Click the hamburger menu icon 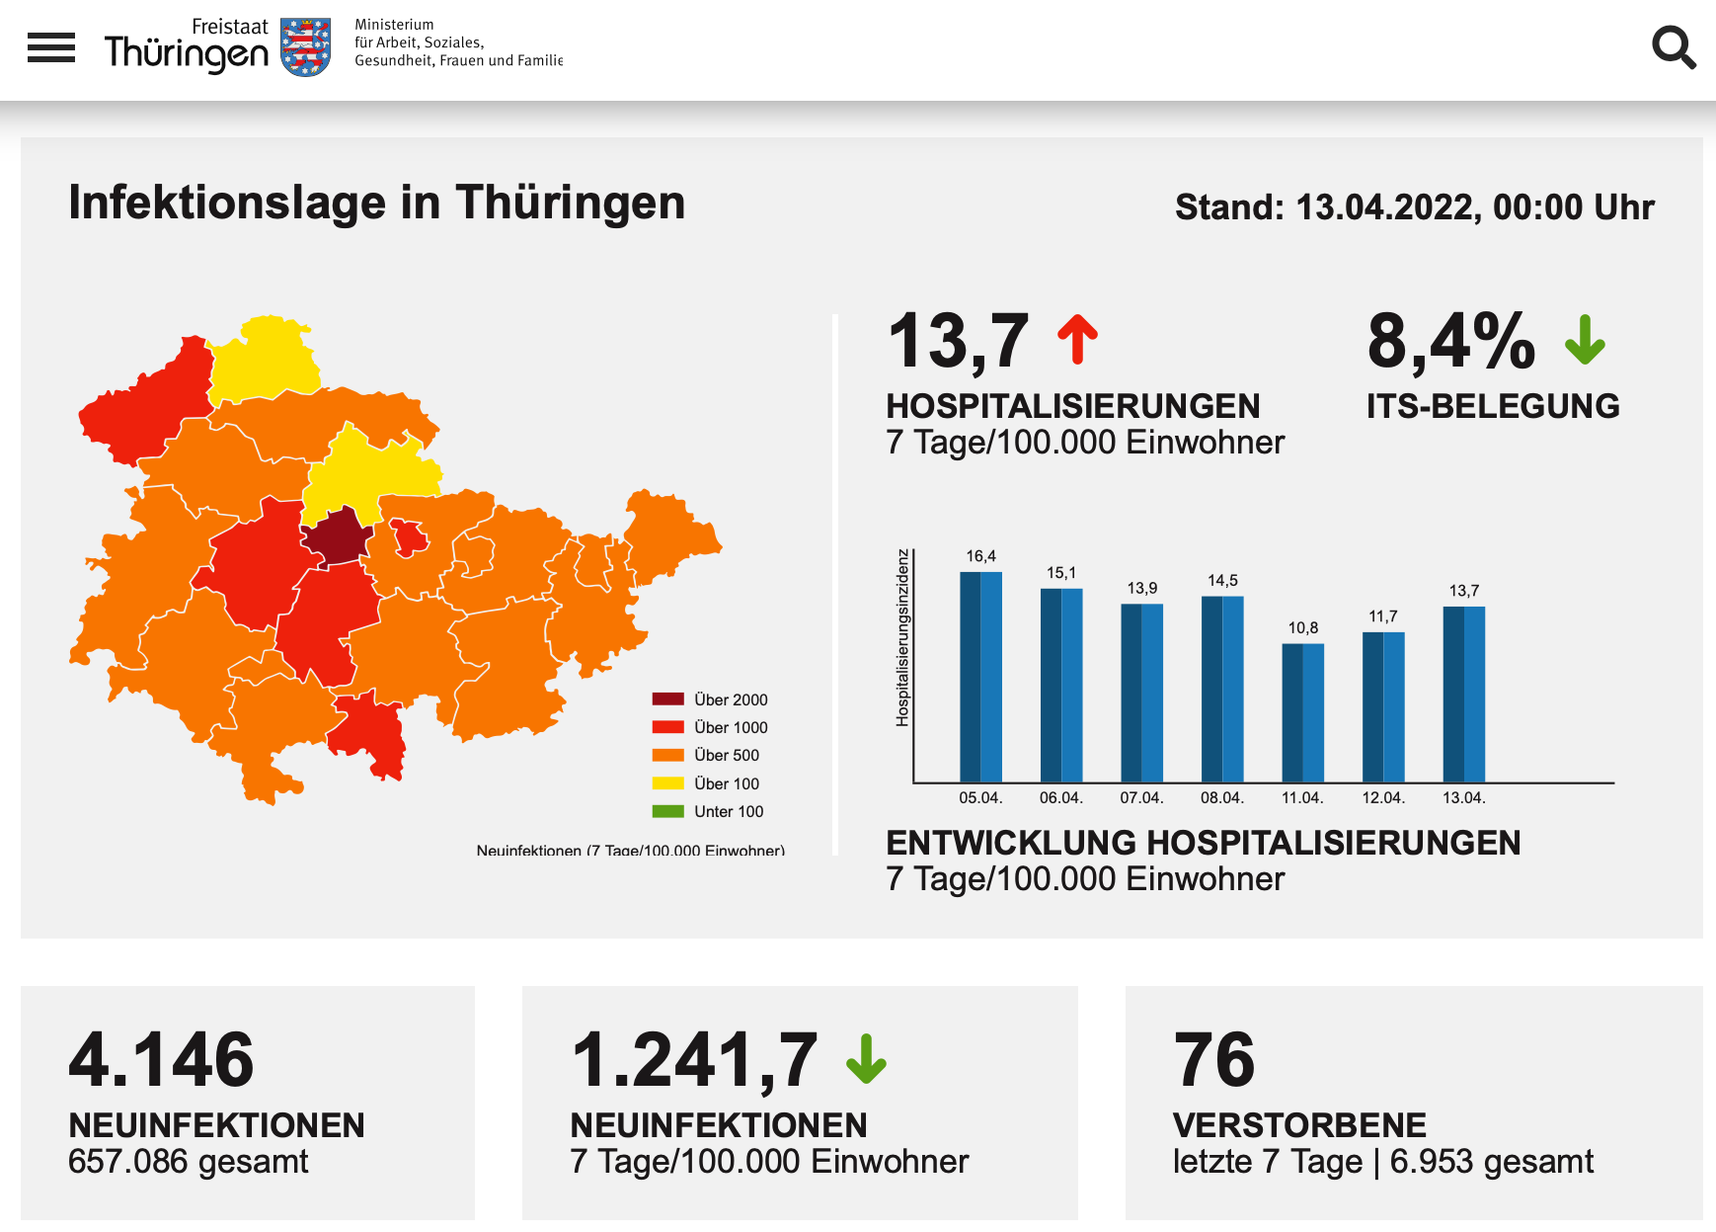coord(51,47)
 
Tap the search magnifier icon coord(1674,47)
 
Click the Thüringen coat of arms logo coord(306,46)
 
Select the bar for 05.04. coord(980,677)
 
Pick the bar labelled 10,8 coord(1302,712)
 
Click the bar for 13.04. coord(1463,695)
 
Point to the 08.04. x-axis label coord(1222,798)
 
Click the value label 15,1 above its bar coord(1061,573)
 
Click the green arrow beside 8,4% coord(1585,340)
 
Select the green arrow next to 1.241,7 coord(866,1059)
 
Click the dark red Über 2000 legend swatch coord(667,699)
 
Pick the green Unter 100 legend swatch coord(667,811)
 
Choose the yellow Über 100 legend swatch coord(667,783)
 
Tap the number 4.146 coord(161,1060)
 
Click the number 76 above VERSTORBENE coord(1213,1060)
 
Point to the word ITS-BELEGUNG coord(1493,406)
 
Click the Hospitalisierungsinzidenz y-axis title coord(901,638)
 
